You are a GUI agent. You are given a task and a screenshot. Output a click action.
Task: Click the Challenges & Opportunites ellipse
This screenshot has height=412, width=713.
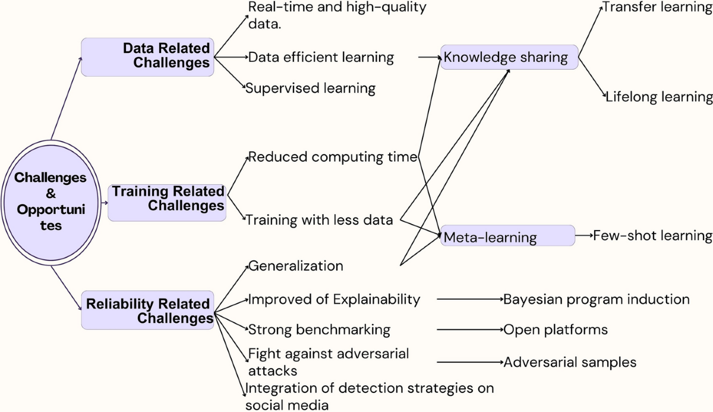(51, 202)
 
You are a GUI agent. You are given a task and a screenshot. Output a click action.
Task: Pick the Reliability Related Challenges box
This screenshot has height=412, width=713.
(147, 310)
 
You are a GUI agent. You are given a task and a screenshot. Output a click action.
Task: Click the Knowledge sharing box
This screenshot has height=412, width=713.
(509, 58)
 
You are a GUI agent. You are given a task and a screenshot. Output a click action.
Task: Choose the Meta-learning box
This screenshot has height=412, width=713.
(507, 237)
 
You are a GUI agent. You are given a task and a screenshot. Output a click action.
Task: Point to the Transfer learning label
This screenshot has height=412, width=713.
(657, 8)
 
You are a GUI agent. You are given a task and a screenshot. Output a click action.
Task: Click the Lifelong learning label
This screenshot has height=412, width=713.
(659, 96)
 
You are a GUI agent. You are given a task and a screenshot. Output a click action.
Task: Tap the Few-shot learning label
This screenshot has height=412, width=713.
(652, 235)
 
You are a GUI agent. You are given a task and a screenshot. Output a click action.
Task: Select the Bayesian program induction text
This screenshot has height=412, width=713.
(597, 298)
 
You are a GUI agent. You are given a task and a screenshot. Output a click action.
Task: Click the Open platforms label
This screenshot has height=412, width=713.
(556, 329)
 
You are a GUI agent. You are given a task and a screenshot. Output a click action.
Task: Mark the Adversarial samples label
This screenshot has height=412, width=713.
(570, 362)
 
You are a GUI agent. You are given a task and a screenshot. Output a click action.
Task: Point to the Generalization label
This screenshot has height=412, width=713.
(295, 265)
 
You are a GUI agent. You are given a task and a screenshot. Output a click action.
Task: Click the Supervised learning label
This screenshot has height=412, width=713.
(311, 89)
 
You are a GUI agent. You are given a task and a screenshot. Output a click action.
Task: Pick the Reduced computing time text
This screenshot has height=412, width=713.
(333, 157)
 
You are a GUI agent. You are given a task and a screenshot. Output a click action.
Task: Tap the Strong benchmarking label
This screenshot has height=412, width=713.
(319, 329)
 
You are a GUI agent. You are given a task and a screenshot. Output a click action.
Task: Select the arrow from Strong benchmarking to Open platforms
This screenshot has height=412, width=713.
(469, 329)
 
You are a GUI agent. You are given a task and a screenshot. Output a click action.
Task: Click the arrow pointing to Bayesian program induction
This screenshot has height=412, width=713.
(469, 298)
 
